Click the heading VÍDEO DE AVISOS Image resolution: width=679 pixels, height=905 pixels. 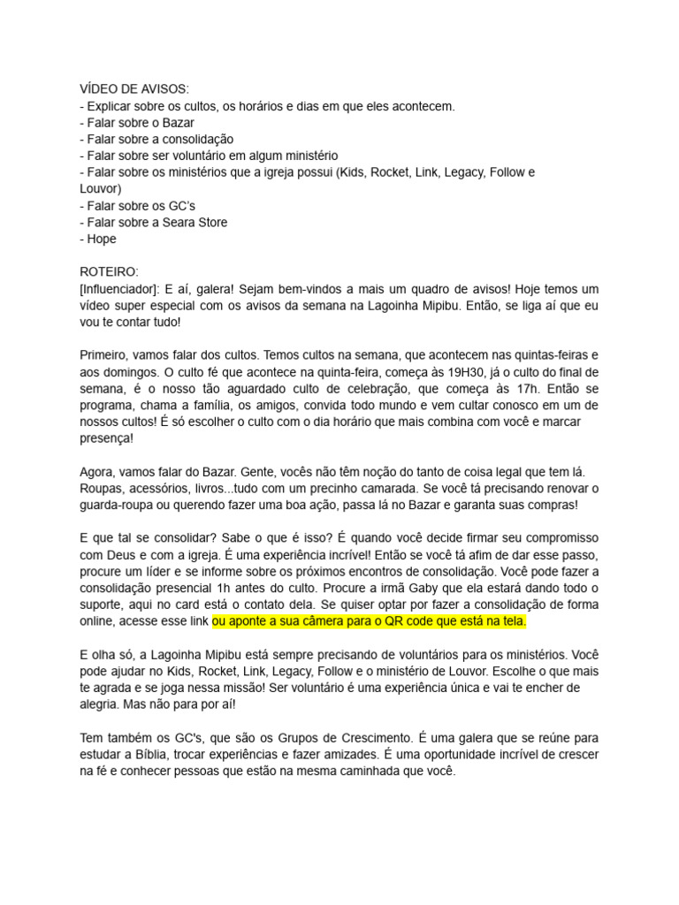[x=134, y=89]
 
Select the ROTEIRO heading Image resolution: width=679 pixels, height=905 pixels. [x=109, y=271]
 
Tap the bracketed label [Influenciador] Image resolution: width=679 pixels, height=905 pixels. [x=120, y=289]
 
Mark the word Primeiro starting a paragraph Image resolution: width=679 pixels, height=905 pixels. [x=106, y=354]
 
